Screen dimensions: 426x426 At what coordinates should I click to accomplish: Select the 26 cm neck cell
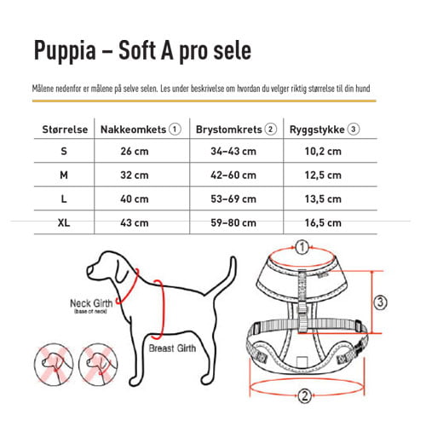pos(135,152)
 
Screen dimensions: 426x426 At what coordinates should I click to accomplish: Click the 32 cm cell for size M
pos(135,176)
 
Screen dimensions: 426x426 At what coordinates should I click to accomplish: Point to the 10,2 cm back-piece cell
pos(323,152)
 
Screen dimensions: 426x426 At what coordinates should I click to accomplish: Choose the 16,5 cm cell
pos(323,223)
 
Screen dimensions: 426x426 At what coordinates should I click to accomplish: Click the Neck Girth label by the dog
pos(91,302)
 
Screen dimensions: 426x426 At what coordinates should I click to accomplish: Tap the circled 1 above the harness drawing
pos(302,247)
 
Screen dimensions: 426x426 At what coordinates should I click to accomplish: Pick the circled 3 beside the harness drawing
pos(381,302)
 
